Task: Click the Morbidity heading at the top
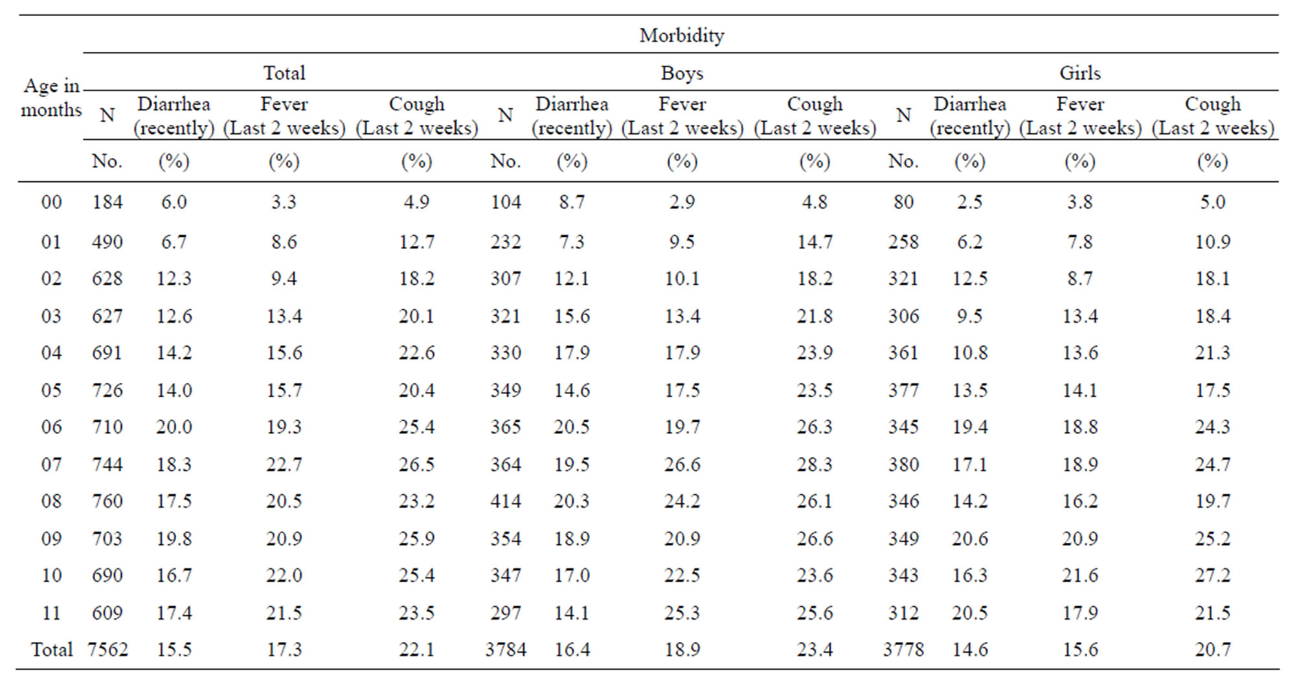click(x=681, y=35)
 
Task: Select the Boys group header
click(x=681, y=73)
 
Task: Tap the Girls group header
click(x=1079, y=73)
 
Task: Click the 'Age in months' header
click(x=52, y=98)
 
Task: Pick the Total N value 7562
click(x=107, y=650)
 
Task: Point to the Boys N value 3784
click(x=506, y=650)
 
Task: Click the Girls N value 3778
click(x=903, y=650)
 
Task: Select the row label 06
click(x=52, y=427)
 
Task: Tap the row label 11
click(x=52, y=613)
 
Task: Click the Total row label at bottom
click(x=52, y=650)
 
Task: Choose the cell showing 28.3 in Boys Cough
click(x=814, y=465)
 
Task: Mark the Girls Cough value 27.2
click(x=1212, y=575)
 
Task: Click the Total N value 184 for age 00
click(x=107, y=202)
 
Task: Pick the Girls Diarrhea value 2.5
click(x=969, y=202)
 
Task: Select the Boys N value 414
click(x=506, y=501)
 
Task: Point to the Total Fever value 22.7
click(x=284, y=465)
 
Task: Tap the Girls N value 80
click(x=903, y=202)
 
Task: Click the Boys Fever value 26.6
click(x=682, y=465)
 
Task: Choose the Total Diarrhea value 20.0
click(x=174, y=427)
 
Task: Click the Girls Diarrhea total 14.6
click(x=969, y=650)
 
